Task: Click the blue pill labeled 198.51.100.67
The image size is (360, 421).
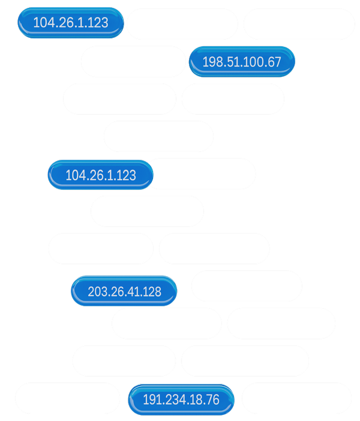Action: [x=242, y=62]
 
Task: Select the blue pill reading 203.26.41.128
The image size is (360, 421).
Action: [x=124, y=292]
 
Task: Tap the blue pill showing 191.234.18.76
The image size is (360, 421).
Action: [x=181, y=400]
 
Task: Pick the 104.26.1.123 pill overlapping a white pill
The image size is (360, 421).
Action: [x=100, y=175]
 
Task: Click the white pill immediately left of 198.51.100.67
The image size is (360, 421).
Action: [x=133, y=61]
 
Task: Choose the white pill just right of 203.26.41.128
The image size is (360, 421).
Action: [x=247, y=286]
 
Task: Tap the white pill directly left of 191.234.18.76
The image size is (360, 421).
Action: [x=67, y=398]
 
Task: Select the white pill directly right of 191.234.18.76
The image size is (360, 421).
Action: [x=296, y=398]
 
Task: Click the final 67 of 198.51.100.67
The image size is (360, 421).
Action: [x=274, y=62]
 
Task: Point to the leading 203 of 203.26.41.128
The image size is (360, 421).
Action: [x=98, y=292]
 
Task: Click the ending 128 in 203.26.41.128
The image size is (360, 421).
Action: [x=151, y=292]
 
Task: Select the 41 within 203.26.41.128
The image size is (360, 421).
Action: [x=133, y=292]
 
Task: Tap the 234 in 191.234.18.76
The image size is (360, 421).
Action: [x=175, y=400]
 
